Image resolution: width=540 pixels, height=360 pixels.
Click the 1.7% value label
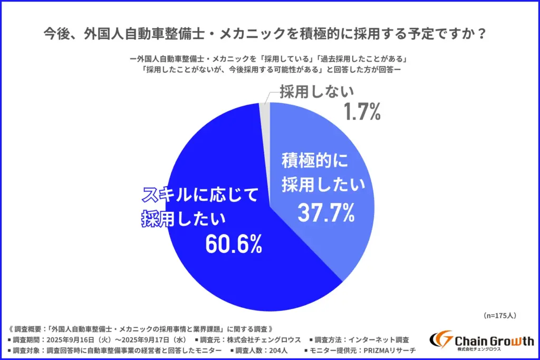pos(362,112)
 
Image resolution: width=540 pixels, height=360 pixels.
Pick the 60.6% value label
pos(234,243)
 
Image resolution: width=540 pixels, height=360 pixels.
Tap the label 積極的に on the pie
pos(316,160)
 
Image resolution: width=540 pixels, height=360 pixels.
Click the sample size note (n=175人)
pos(499,315)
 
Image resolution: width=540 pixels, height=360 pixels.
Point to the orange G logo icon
pos(441,340)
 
